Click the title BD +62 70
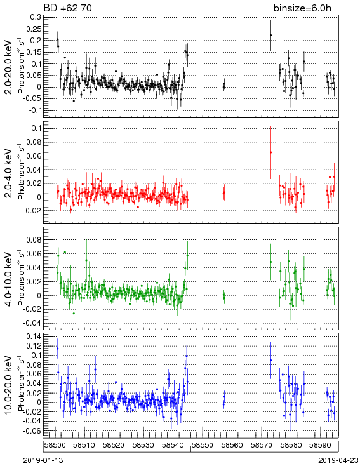67,8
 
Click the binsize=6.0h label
302,8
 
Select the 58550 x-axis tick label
203,445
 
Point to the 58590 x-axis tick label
321,445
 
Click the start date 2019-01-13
43,460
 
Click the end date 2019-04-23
338,460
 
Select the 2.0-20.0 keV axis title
9,67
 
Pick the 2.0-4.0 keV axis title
9,173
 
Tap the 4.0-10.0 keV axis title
9,279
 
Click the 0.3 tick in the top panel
36,17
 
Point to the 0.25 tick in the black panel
34,29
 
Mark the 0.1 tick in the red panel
36,128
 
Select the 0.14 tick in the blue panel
34,336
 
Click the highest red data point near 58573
271,152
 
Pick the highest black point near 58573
271,35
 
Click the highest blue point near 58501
58,349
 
